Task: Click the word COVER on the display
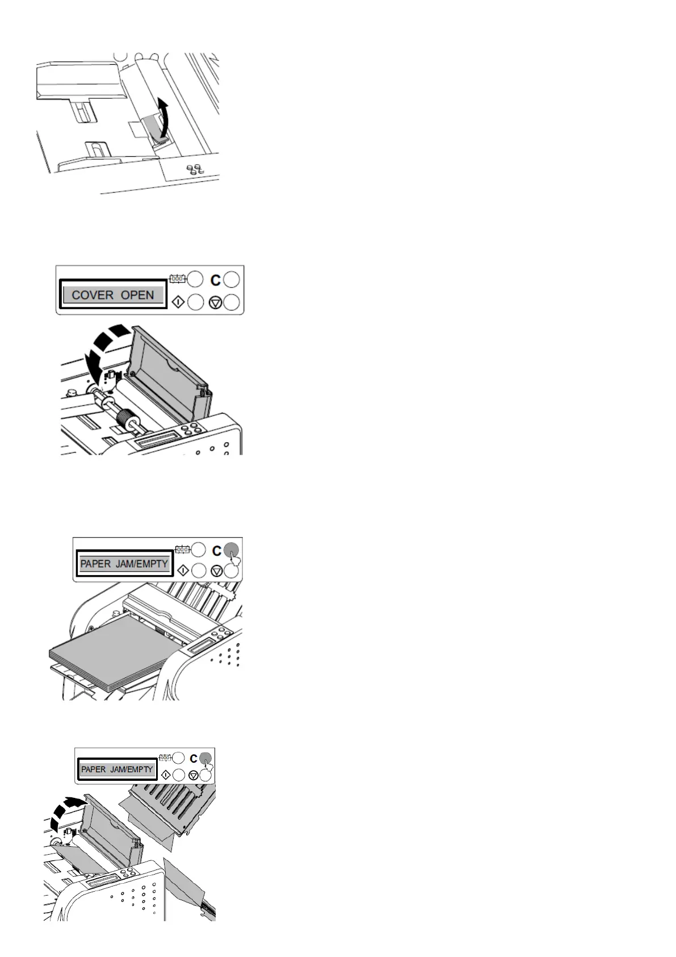93,295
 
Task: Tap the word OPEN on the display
137,295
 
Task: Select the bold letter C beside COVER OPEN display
215,280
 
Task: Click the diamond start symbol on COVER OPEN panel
177,302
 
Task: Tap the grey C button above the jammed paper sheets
205,757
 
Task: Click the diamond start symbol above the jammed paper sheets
166,773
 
